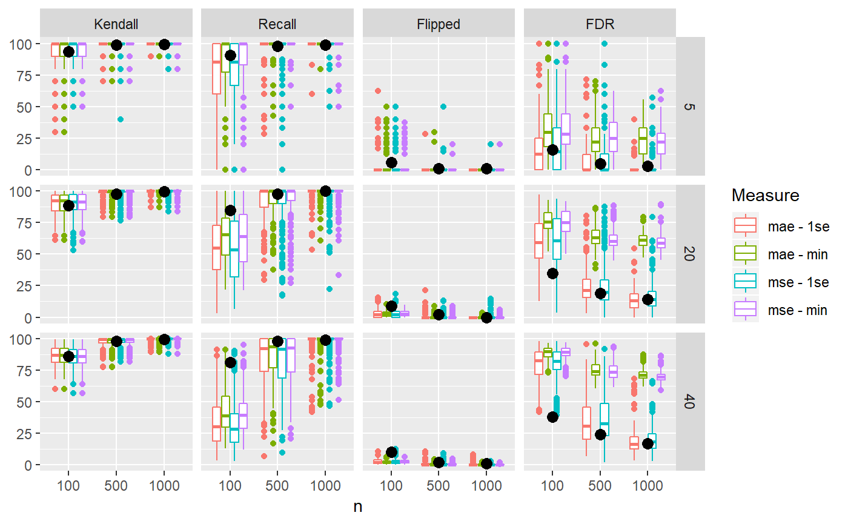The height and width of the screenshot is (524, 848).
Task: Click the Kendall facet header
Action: (x=116, y=24)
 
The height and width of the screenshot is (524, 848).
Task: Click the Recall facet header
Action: (x=277, y=24)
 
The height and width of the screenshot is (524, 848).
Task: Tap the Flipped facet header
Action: (x=439, y=24)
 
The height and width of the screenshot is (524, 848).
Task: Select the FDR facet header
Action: (x=600, y=24)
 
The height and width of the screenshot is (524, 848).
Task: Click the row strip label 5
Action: (x=690, y=107)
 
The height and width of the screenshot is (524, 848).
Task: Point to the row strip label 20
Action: (x=690, y=254)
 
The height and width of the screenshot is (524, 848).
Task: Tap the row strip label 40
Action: (x=690, y=402)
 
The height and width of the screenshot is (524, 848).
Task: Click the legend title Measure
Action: (x=765, y=195)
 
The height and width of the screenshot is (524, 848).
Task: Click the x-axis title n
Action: (x=358, y=507)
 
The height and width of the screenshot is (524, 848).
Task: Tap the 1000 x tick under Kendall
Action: (x=164, y=486)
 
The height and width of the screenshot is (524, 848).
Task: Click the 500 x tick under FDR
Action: (x=600, y=486)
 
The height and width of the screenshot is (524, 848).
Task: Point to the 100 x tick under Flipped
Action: (x=391, y=486)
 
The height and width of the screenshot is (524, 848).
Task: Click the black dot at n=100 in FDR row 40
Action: (x=552, y=417)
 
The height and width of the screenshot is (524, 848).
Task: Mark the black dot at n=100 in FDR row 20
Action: (x=552, y=273)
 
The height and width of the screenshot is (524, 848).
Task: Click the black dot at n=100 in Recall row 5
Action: (x=230, y=55)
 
